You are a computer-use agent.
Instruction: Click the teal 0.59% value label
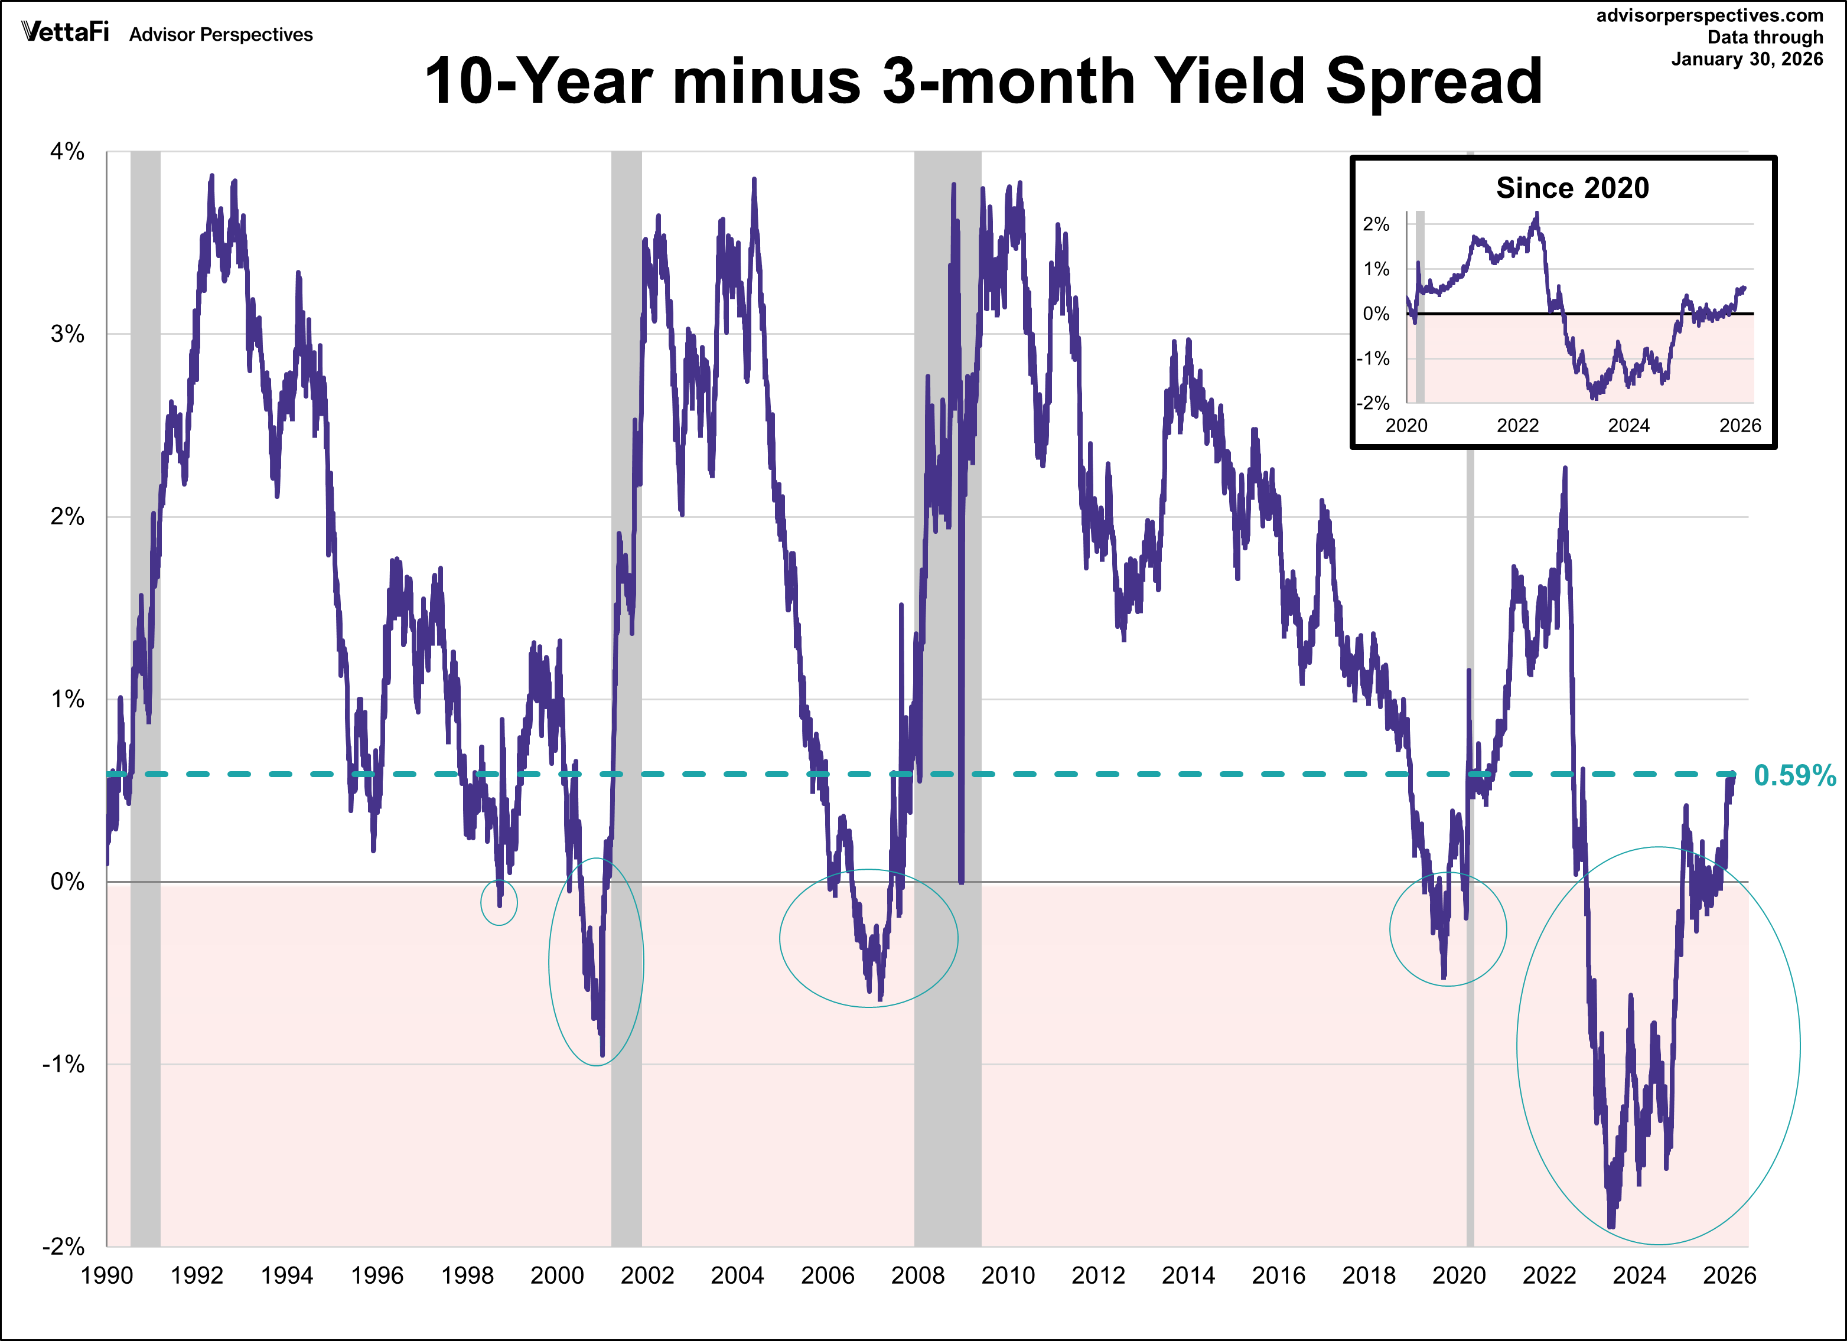tap(1794, 776)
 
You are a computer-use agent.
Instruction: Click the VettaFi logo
tap(65, 32)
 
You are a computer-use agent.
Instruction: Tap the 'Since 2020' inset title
tap(1572, 188)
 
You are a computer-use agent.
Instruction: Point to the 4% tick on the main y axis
tap(67, 151)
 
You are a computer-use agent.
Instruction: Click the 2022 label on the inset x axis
tap(1517, 426)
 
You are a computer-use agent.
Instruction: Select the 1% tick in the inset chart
tap(1376, 269)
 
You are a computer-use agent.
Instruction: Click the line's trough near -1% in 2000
tap(602, 1055)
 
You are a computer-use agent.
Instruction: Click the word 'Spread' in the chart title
tap(1434, 81)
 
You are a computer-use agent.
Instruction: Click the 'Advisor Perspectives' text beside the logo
tap(221, 35)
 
